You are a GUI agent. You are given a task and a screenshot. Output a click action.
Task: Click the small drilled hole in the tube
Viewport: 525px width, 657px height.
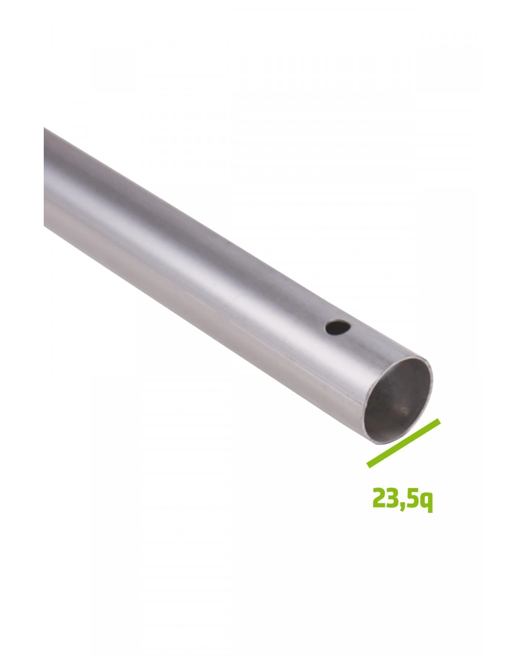click(x=338, y=328)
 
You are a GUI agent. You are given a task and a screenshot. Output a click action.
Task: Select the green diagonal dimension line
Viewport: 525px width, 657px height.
click(x=403, y=443)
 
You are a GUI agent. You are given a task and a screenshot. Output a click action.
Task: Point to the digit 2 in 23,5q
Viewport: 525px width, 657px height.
click(x=379, y=497)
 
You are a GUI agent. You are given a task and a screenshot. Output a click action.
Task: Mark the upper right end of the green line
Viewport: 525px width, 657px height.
click(x=439, y=420)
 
